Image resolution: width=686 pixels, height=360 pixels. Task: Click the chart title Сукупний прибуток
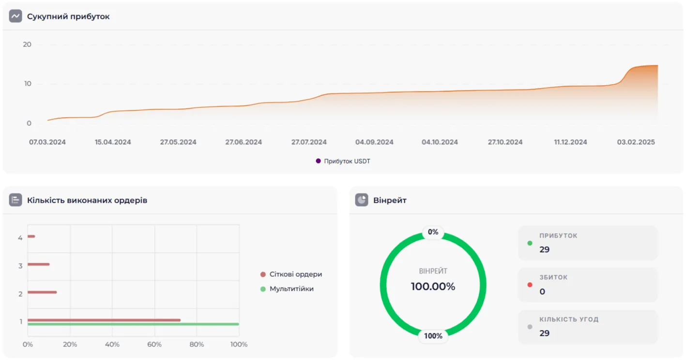[68, 16]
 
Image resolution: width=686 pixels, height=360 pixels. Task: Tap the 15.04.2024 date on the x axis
[113, 142]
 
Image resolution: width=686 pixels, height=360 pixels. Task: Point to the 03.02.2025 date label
[636, 142]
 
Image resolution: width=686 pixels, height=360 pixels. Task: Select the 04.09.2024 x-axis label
[374, 142]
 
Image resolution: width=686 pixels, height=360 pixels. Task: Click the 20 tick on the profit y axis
[27, 45]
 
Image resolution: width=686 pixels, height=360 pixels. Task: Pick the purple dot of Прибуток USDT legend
[318, 161]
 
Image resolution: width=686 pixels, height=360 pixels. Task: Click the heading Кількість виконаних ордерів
[87, 200]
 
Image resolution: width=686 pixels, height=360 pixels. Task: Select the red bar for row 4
[31, 236]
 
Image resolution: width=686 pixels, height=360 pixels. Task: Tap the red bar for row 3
[38, 264]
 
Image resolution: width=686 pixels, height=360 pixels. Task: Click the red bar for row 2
[42, 292]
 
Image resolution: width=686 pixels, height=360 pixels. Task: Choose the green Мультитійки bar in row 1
[133, 324]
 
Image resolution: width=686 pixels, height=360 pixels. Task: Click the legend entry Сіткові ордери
[295, 274]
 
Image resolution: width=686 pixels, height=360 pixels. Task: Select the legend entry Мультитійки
[291, 289]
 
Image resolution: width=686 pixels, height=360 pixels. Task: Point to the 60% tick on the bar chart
[154, 345]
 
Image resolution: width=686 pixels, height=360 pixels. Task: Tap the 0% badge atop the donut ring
[433, 232]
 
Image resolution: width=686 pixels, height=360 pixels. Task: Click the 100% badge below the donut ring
[433, 336]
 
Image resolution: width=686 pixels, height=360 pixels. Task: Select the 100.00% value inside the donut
[433, 286]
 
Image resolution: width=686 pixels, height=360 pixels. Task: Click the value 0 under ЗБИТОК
[542, 292]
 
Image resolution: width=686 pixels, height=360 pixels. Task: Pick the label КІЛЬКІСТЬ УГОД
[569, 319]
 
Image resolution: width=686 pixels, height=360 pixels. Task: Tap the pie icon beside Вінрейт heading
[361, 200]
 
